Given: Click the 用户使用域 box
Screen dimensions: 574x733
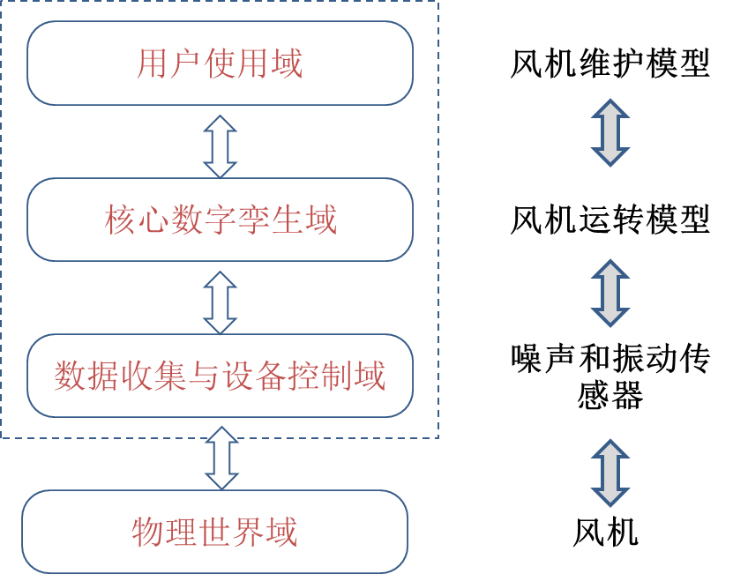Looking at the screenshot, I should (220, 63).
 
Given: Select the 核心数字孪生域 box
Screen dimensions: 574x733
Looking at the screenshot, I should (220, 220).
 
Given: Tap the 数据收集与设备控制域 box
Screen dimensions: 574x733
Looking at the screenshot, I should (220, 376).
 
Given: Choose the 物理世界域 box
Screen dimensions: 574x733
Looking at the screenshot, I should (214, 532).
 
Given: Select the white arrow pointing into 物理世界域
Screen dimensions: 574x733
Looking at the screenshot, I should (221, 458).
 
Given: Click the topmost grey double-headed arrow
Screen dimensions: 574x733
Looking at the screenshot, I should (610, 132).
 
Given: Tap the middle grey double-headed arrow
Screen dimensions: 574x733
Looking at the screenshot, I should (610, 293).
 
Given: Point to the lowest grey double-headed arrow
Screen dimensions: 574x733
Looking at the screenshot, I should (610, 473).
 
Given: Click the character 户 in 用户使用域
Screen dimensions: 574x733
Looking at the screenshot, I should (186, 63).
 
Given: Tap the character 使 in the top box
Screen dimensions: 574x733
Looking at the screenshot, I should (220, 63).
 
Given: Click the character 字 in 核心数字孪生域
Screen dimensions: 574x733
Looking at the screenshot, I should (221, 220).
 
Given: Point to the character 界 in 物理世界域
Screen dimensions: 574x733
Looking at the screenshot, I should (248, 532).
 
